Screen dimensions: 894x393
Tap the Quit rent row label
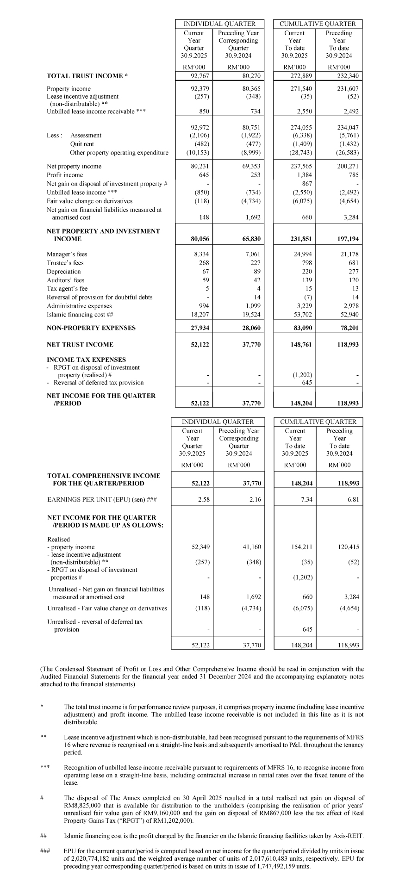82,144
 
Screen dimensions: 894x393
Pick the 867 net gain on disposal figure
306,184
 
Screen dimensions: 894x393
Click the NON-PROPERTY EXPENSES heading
91,328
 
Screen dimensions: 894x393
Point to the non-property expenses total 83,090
301,328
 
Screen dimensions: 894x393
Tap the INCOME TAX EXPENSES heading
86,360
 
